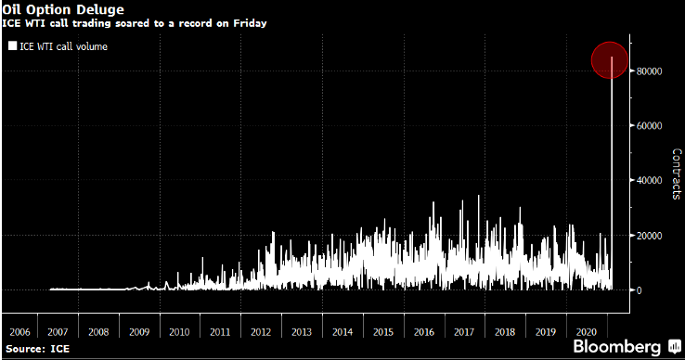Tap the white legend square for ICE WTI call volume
11,45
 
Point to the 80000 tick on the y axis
649,71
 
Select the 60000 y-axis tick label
649,125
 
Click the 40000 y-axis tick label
649,180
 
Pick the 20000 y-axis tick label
649,235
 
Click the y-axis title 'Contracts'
676,174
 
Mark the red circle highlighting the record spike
613,60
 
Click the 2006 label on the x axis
20,330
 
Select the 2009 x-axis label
138,330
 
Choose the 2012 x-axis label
261,330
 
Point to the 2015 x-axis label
382,330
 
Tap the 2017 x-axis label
463,330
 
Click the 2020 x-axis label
585,330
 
